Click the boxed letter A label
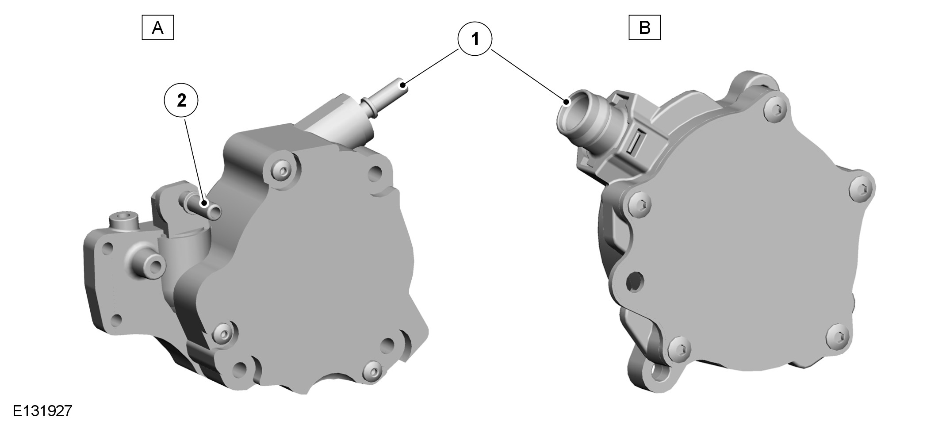(157, 28)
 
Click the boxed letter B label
(644, 28)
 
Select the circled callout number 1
(475, 39)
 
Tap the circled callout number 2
(181, 101)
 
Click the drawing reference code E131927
(42, 411)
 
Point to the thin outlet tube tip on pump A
(402, 86)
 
